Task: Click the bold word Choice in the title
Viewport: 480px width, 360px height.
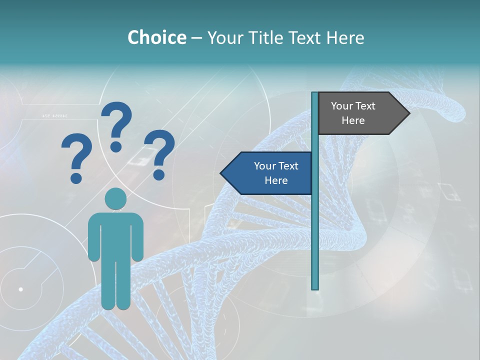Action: (x=156, y=37)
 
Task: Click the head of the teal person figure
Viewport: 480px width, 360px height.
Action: (x=115, y=199)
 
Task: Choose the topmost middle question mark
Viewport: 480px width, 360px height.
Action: (x=116, y=126)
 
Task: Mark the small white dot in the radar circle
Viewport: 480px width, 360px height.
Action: (x=20, y=289)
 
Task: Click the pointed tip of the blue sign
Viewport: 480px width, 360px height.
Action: (x=221, y=173)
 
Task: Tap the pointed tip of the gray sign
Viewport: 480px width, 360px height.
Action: (x=408, y=113)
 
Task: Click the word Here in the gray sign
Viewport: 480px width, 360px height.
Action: (x=353, y=120)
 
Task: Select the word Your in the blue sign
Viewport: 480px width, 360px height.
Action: (x=264, y=166)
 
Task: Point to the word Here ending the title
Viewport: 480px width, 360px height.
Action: (x=345, y=37)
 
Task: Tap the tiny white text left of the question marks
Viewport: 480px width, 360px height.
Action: (x=54, y=116)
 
